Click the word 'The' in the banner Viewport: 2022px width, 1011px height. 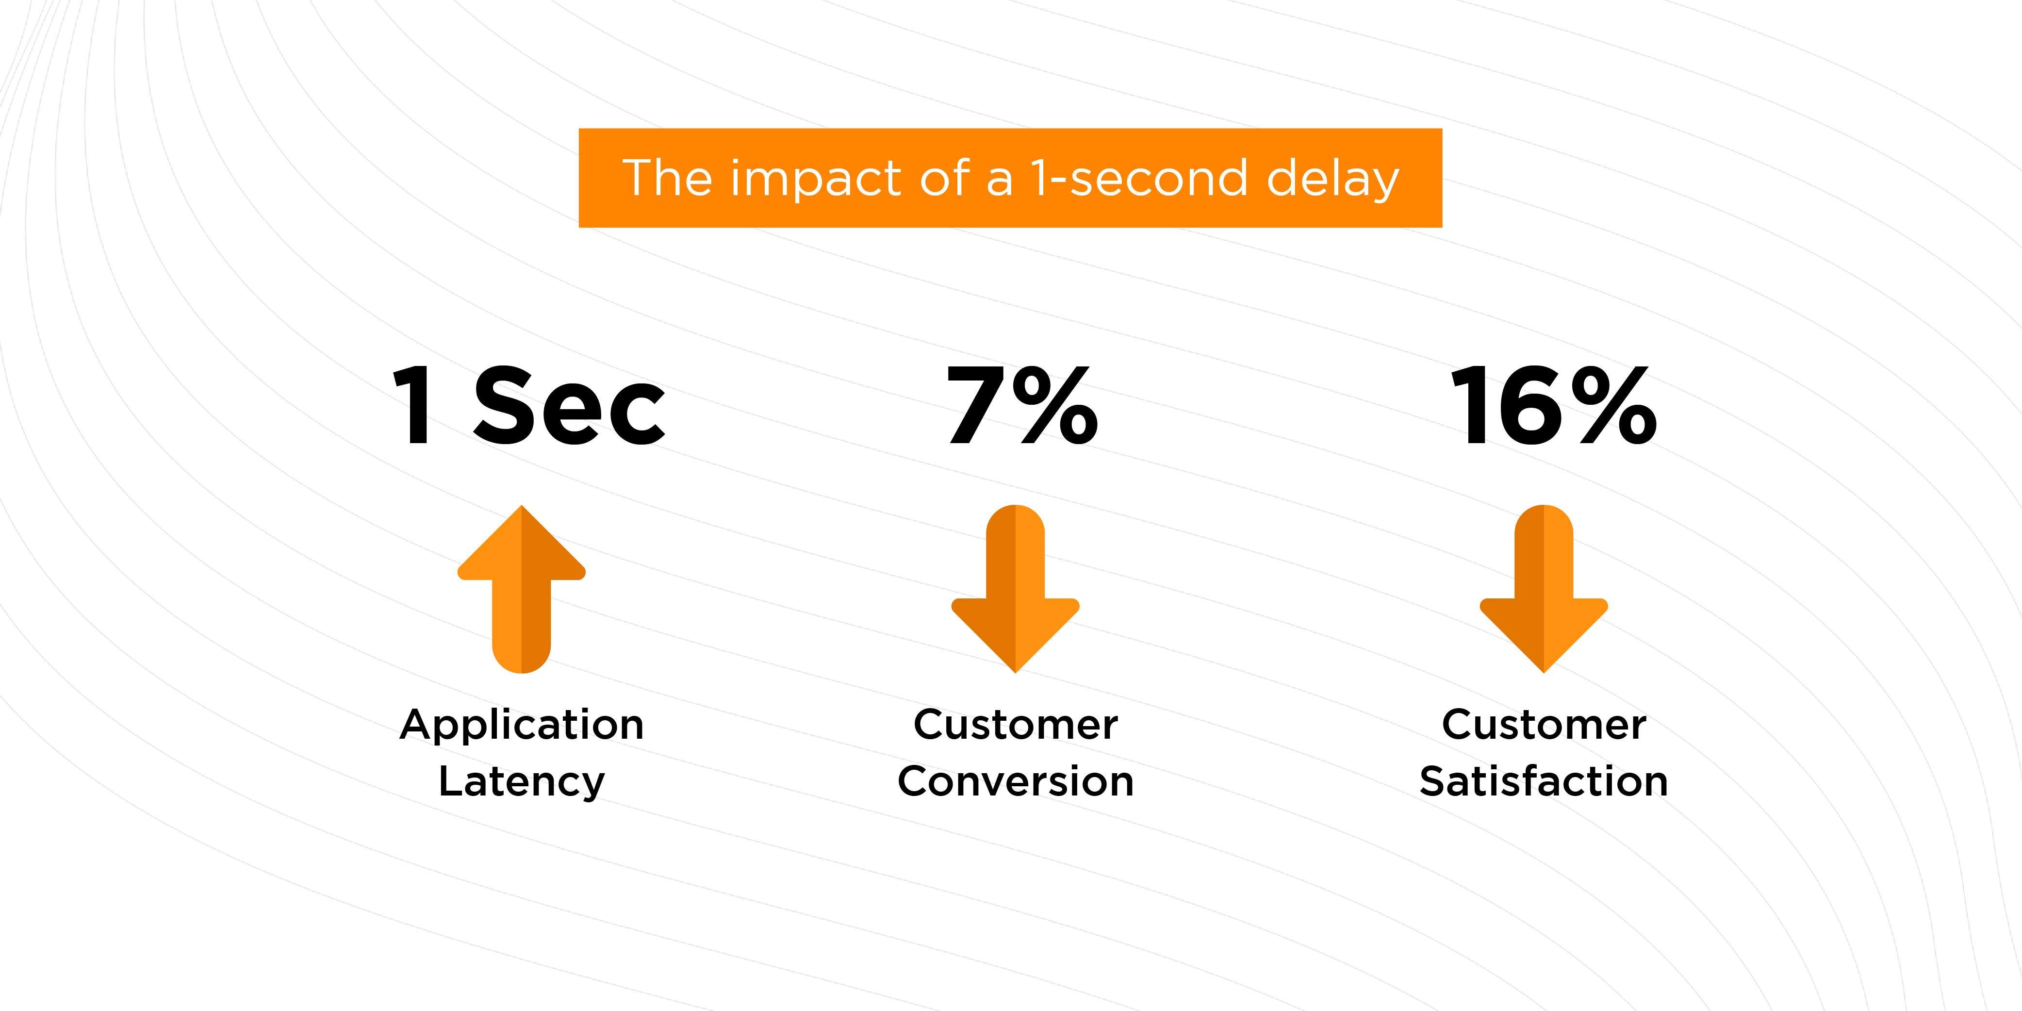tap(667, 178)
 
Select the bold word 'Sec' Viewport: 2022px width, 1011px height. tap(569, 406)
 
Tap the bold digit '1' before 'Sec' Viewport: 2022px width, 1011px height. tap(413, 406)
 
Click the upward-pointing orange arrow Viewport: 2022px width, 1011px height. tap(521, 589)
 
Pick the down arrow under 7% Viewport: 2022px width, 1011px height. tap(1015, 589)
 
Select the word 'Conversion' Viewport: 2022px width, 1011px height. tap(1016, 782)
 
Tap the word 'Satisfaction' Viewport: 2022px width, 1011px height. tap(1544, 782)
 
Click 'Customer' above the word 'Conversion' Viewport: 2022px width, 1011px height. tap(1016, 725)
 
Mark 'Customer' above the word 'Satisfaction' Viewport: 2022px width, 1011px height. tap(1544, 725)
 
